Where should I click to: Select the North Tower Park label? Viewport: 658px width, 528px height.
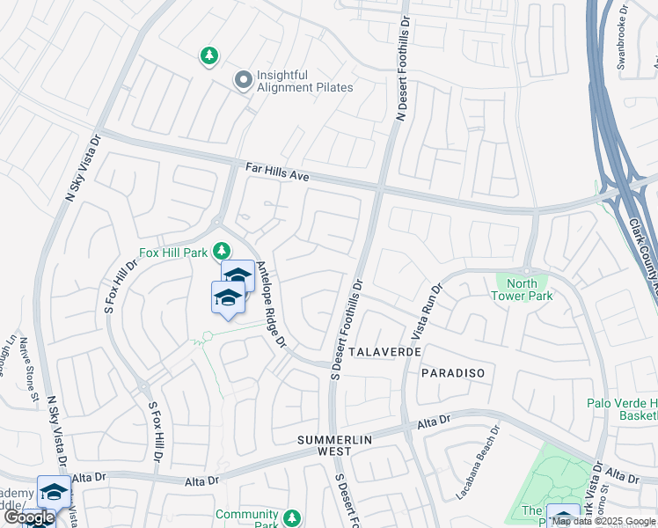(x=530, y=290)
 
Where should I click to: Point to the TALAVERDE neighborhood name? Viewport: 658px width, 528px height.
(x=385, y=351)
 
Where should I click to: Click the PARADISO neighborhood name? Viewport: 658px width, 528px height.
(x=452, y=373)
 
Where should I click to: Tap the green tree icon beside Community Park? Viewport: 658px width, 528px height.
(x=292, y=518)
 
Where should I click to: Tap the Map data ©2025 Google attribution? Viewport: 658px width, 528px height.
(x=604, y=521)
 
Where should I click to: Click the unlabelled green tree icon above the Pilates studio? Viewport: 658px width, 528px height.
(x=208, y=57)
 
